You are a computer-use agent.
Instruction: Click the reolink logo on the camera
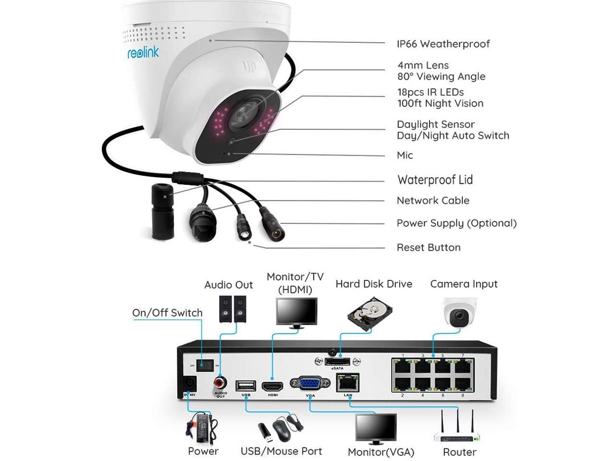click(x=143, y=52)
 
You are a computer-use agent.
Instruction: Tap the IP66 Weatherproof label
click(x=443, y=44)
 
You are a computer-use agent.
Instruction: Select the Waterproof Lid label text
click(x=435, y=180)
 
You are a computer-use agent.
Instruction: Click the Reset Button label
click(x=428, y=248)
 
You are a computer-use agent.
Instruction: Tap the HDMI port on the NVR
click(x=272, y=386)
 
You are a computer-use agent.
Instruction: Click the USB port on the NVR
click(x=246, y=386)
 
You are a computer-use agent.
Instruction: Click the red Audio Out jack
click(x=221, y=383)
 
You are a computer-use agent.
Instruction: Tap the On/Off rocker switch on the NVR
click(x=205, y=365)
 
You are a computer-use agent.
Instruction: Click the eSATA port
click(x=337, y=362)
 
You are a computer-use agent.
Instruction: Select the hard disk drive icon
click(x=369, y=312)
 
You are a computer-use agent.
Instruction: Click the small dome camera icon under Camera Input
click(x=459, y=313)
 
